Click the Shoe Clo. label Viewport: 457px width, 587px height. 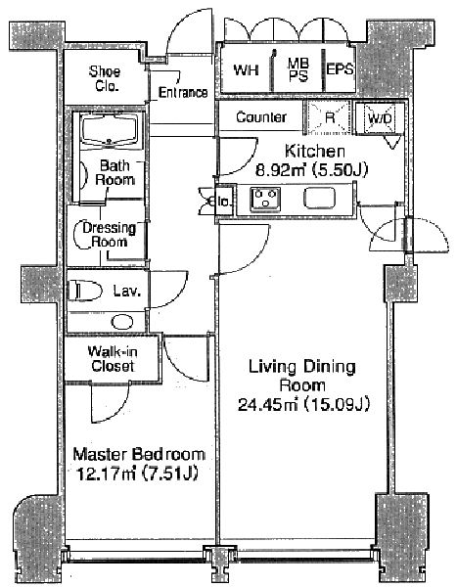(105, 78)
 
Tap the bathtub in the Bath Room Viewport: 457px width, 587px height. (110, 129)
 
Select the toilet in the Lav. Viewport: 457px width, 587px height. (85, 291)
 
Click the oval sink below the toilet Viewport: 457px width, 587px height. (122, 322)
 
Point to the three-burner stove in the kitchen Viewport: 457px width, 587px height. (265, 198)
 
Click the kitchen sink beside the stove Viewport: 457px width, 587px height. (320, 198)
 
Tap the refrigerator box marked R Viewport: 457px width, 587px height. (329, 117)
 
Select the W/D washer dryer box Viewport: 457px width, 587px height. (380, 118)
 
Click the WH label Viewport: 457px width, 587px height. (246, 70)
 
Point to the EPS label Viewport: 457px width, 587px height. (340, 69)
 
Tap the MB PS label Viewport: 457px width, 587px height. (298, 69)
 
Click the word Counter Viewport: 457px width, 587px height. (261, 117)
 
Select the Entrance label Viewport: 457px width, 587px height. (183, 92)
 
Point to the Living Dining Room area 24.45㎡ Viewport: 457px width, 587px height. (268, 404)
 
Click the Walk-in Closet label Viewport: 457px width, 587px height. (113, 359)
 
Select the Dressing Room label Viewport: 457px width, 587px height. (109, 235)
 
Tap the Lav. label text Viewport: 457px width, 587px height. (127, 291)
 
